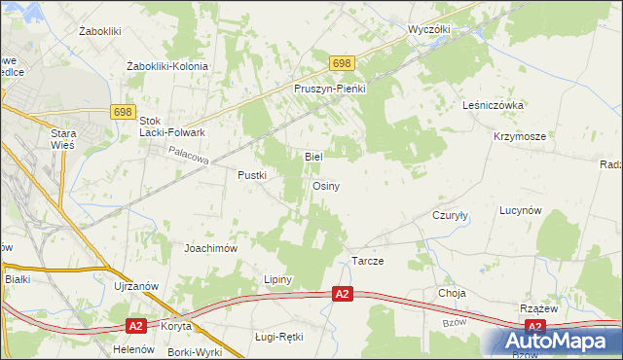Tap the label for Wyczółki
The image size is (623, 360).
(429, 29)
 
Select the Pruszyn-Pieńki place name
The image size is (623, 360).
(329, 88)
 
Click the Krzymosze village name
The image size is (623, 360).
(519, 137)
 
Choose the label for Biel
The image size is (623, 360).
(313, 156)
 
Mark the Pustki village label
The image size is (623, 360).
(252, 175)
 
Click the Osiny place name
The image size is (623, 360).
(325, 186)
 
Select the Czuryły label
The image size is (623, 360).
(451, 216)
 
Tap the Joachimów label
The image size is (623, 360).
(211, 248)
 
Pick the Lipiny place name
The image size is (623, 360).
(277, 279)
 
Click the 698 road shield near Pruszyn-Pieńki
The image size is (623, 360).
(340, 63)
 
